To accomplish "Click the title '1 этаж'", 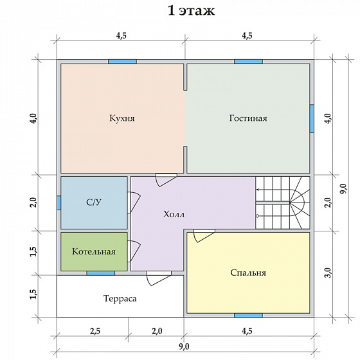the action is click(x=192, y=10).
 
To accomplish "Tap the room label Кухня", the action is click(x=122, y=118).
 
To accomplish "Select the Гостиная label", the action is click(x=248, y=118).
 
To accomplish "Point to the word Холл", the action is click(x=174, y=215).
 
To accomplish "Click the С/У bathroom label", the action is click(x=94, y=203).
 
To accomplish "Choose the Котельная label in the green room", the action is click(x=94, y=251).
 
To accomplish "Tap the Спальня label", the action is click(x=248, y=273).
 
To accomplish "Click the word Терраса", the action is click(x=120, y=298).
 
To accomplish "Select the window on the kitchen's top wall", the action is click(x=122, y=62).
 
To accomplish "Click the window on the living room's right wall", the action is click(x=312, y=119).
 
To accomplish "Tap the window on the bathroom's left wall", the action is click(x=59, y=203).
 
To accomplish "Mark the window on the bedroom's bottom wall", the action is click(x=248, y=315).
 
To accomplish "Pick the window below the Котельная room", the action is click(x=100, y=273).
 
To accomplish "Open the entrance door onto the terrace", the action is click(x=159, y=278).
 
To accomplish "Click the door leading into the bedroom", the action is click(x=204, y=235).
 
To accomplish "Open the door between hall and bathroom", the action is click(x=134, y=203).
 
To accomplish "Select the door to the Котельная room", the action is click(x=134, y=251).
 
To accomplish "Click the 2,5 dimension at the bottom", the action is click(x=95, y=331).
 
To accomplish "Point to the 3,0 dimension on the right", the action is click(x=328, y=273).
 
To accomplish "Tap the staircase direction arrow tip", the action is click(x=256, y=190).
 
